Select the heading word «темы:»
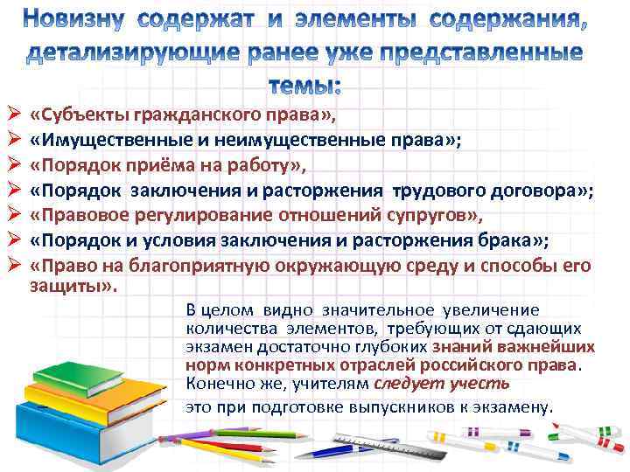pos(307,85)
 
